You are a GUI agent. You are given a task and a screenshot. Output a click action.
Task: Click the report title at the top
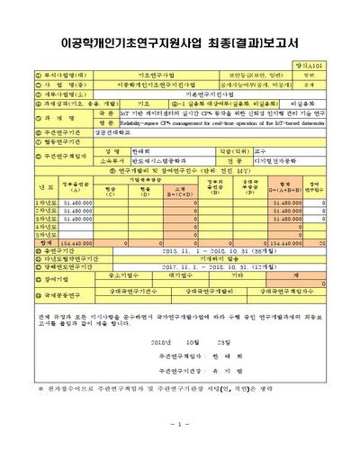coord(179,40)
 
